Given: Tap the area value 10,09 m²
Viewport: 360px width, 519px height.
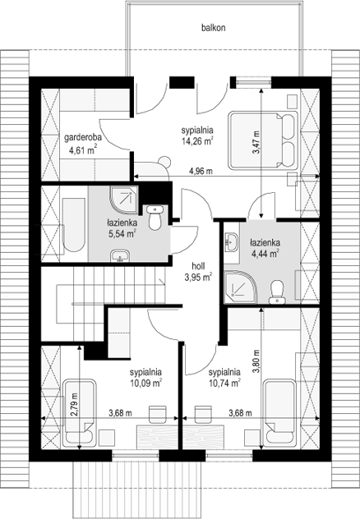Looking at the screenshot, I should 145,382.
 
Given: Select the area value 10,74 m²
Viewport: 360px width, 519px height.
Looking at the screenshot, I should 223,382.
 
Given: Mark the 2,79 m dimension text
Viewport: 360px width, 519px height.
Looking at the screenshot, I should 74,408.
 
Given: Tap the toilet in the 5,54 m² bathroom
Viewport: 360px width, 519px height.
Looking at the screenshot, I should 154,218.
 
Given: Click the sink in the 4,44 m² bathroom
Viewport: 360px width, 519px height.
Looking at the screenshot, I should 231,241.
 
